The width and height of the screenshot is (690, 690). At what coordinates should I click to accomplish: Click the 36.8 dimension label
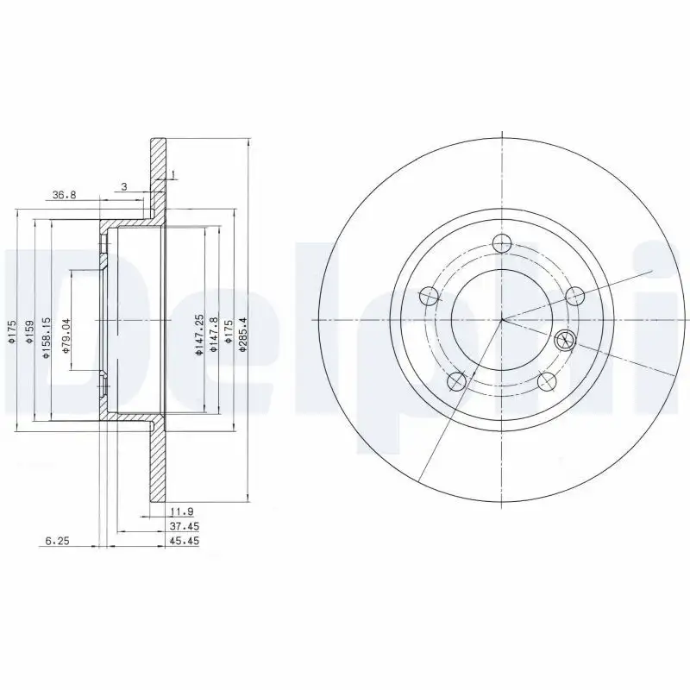tap(65, 196)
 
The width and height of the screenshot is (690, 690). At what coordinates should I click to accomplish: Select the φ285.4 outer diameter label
tap(243, 333)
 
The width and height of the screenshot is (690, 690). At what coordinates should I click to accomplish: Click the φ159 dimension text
tap(29, 333)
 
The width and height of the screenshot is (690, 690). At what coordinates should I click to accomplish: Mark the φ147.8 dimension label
tap(213, 337)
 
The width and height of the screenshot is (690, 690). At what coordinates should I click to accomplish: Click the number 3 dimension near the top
tap(124, 186)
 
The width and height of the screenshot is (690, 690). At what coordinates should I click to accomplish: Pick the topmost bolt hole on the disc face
tap(501, 244)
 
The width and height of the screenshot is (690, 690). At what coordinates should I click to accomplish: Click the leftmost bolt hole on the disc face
tap(429, 297)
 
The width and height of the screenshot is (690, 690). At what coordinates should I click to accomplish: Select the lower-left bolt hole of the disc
tap(457, 381)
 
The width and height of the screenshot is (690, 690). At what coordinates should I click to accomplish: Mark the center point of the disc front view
tap(502, 319)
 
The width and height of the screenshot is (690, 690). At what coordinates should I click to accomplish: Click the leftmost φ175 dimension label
tap(13, 334)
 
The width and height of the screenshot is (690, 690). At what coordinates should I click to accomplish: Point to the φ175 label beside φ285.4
tap(228, 334)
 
